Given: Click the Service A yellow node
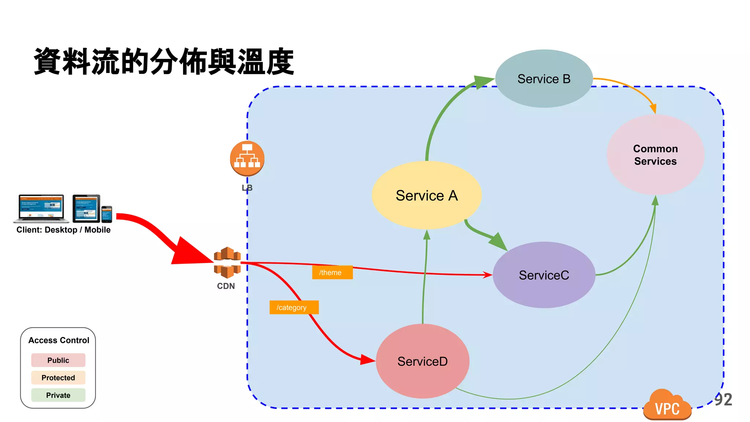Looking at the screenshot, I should pyautogui.click(x=427, y=195).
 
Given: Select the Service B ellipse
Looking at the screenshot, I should pyautogui.click(x=544, y=79).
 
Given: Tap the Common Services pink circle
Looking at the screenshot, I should pyautogui.click(x=655, y=155).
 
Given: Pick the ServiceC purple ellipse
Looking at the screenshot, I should pyautogui.click(x=544, y=275).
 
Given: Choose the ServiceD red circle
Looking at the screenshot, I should pyautogui.click(x=422, y=361).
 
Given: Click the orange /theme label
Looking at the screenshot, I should pyautogui.click(x=332, y=273).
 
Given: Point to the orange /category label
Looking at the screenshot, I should pyautogui.click(x=294, y=307).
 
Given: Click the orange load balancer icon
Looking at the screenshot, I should pyautogui.click(x=247, y=158).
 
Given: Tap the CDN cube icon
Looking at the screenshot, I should pyautogui.click(x=227, y=262).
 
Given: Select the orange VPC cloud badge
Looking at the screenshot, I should pyautogui.click(x=667, y=406).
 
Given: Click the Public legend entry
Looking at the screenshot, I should pyautogui.click(x=58, y=360).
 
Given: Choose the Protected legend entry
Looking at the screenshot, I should pyautogui.click(x=58, y=378).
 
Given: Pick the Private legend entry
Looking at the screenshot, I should pyautogui.click(x=58, y=395).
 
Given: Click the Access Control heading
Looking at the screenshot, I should pyautogui.click(x=59, y=340).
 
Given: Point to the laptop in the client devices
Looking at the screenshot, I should pyautogui.click(x=41, y=208).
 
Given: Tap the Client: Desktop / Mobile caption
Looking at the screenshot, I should pyautogui.click(x=63, y=230).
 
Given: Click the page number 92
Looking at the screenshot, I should pyautogui.click(x=723, y=400).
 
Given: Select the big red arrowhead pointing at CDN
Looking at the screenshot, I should pyautogui.click(x=189, y=252).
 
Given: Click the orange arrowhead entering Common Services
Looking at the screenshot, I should pyautogui.click(x=653, y=108).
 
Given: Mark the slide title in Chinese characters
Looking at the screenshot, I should pyautogui.click(x=164, y=62).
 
